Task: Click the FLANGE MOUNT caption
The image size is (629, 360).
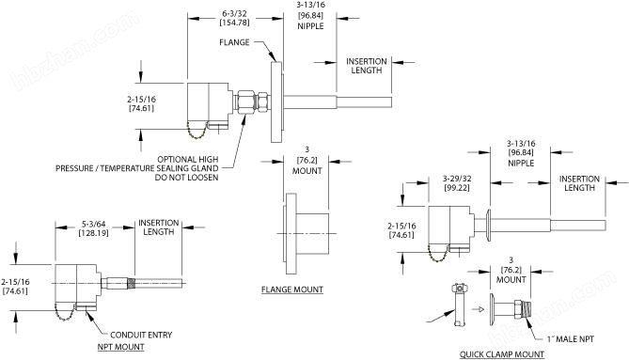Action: point(292,290)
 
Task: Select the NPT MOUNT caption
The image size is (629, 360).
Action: point(120,347)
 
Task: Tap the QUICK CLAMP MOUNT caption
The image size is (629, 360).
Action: point(502,354)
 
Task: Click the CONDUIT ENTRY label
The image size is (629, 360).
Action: point(141,335)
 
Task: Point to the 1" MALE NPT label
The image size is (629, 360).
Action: point(571,339)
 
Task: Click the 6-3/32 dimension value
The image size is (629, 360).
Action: point(235,14)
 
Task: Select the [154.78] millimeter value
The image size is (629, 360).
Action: point(235,23)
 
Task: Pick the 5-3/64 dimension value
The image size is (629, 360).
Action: point(93,224)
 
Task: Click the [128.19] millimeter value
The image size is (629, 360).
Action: point(93,232)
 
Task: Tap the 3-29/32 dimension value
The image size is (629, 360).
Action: point(457,179)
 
